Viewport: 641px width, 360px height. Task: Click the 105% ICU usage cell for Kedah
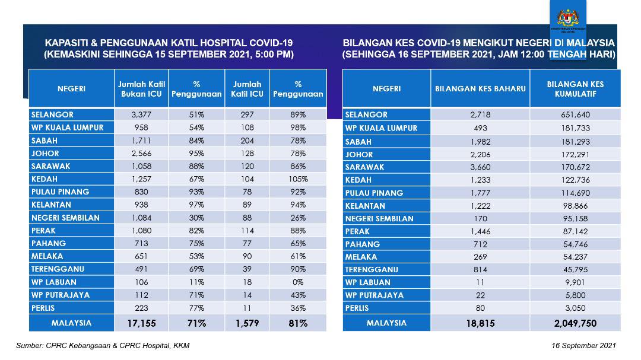click(298, 179)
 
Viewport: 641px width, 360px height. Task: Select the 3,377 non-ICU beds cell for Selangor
click(141, 114)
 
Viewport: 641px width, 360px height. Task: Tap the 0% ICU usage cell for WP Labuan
click(298, 282)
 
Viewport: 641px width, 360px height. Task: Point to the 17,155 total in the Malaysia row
click(141, 323)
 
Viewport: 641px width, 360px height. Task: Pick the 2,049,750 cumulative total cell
click(575, 323)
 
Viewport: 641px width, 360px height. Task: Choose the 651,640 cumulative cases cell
click(575, 115)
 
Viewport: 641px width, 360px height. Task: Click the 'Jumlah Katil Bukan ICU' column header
click(141, 89)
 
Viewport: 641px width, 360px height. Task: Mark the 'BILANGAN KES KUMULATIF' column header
click(575, 89)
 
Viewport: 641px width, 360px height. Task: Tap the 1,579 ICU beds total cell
click(247, 323)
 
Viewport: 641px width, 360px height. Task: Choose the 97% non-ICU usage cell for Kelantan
click(196, 205)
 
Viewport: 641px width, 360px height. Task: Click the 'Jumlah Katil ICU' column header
click(247, 89)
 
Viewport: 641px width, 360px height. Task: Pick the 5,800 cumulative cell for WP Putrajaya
click(575, 295)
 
